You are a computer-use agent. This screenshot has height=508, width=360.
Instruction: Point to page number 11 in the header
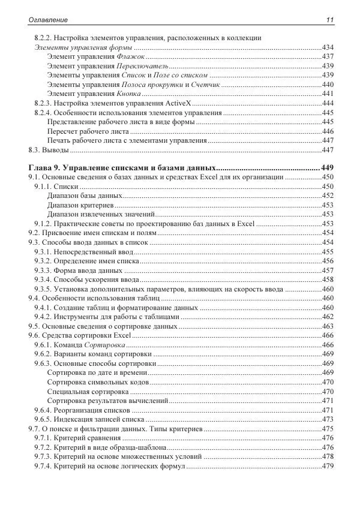329,20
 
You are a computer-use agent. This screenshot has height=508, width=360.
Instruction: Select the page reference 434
328,47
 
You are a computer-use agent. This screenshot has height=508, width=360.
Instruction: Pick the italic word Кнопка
128,94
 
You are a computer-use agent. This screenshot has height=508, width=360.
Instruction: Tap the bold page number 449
327,167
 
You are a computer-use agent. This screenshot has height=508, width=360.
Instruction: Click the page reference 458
328,279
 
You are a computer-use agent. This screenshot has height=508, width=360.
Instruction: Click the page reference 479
328,466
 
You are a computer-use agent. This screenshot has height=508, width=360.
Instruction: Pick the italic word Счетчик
207,85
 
